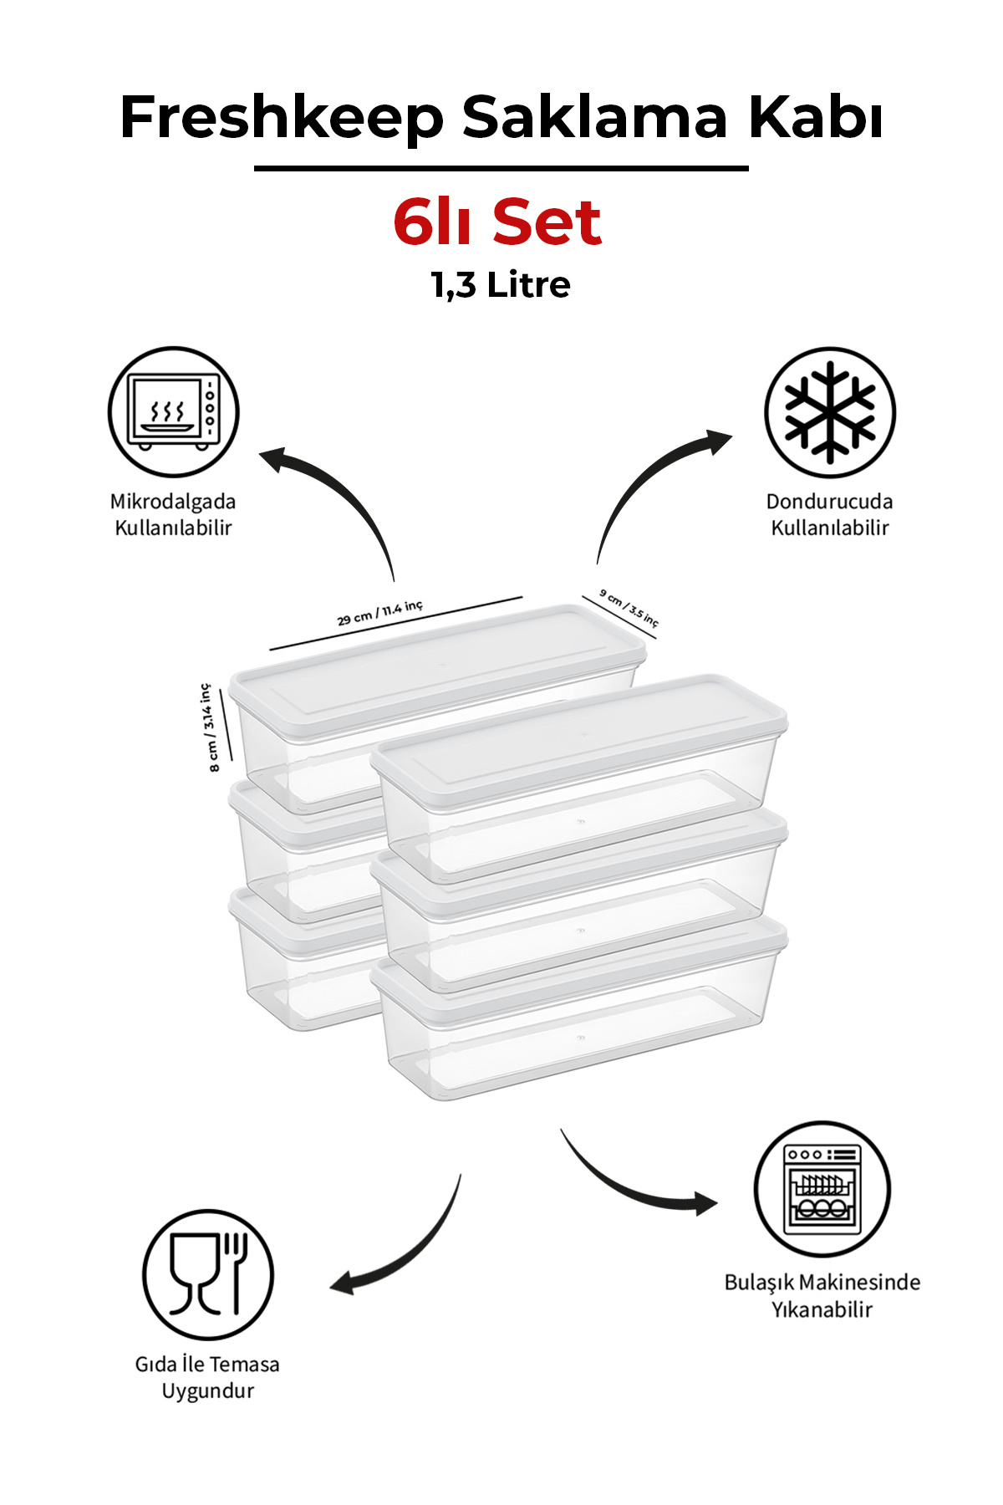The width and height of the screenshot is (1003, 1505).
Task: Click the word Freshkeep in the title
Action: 282,118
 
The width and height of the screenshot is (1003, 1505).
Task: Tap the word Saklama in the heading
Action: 594,116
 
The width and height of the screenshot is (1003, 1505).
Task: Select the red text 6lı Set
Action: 497,222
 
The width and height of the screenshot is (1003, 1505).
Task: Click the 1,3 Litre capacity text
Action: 501,285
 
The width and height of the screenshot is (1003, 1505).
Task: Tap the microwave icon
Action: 173,412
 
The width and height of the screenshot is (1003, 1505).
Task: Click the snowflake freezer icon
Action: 830,412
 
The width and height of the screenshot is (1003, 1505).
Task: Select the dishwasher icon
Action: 822,1189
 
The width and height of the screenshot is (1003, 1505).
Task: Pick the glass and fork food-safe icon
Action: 208,1275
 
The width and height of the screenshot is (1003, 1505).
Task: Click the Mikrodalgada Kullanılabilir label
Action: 173,514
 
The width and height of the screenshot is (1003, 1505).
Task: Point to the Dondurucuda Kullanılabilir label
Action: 830,514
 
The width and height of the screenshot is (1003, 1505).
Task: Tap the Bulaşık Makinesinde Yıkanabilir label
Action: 822,1295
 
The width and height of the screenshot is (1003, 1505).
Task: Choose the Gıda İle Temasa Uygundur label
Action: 207,1377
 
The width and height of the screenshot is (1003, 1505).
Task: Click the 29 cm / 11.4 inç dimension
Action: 380,613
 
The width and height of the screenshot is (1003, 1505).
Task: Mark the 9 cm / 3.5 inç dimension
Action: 629,607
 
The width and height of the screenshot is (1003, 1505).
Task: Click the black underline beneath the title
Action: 501,169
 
